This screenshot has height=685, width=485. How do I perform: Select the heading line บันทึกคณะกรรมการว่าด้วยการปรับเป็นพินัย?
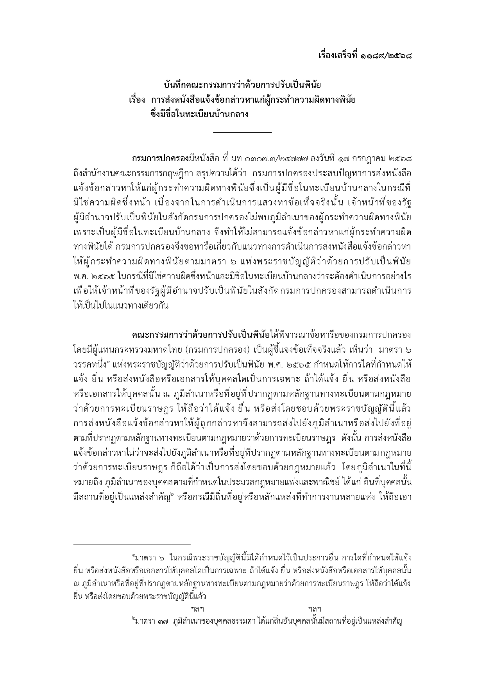point(242,85)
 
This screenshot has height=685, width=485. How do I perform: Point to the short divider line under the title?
point(242,133)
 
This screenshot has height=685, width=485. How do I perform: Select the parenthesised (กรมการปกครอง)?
point(217,348)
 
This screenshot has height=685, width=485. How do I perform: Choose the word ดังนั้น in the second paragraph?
point(352,437)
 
